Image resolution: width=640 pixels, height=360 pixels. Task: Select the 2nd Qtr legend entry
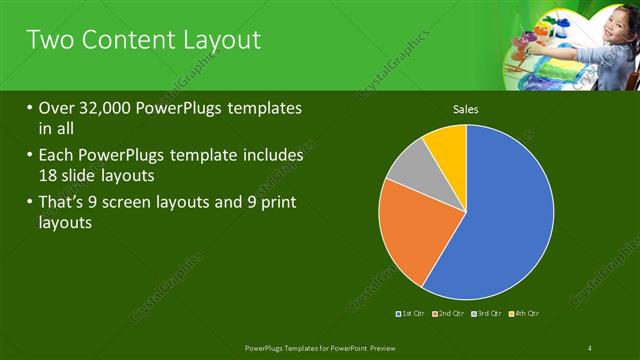pos(450,314)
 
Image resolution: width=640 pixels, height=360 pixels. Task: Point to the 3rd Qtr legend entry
pos(487,314)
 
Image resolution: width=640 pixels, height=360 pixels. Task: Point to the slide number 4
pos(590,347)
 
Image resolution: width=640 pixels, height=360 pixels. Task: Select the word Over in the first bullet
pos(56,107)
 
